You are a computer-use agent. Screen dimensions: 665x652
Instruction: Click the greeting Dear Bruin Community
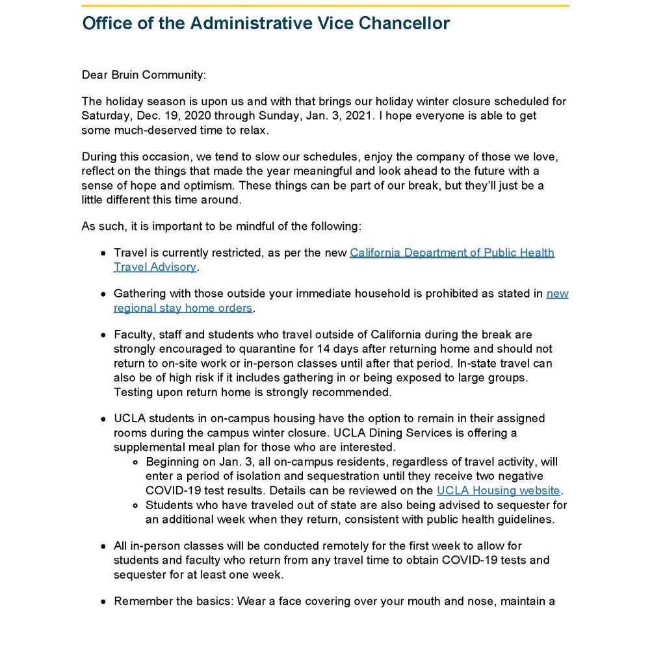[x=143, y=75]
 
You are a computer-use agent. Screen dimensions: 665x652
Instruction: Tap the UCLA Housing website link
[x=498, y=490]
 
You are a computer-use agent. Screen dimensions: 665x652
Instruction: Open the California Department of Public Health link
[x=452, y=253]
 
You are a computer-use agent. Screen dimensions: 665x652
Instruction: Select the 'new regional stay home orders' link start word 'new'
[x=557, y=294]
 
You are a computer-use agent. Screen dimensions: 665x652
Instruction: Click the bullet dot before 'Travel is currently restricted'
[x=103, y=253]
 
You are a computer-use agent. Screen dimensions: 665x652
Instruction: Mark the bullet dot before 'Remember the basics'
[x=103, y=602]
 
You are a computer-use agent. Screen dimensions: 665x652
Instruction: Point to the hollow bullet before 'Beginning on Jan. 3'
[x=135, y=462]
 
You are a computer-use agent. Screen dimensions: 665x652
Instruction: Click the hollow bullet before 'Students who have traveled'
[x=135, y=505]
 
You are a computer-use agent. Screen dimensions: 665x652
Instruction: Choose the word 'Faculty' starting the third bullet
[x=132, y=335]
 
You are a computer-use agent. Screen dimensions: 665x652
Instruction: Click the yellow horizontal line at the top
[x=325, y=6]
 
